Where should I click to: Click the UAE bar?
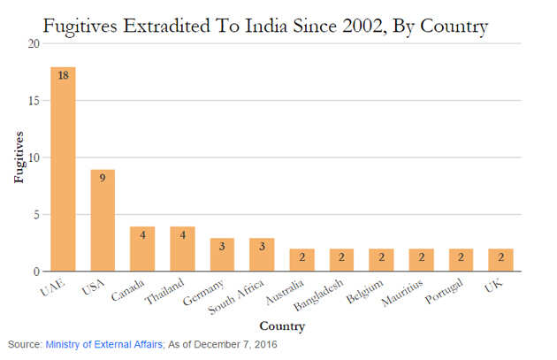(63, 169)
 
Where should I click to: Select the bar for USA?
(103, 220)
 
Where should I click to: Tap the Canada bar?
(142, 249)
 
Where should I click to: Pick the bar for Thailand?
(182, 249)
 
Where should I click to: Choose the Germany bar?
(222, 254)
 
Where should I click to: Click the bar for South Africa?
(262, 254)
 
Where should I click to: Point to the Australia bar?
(301, 260)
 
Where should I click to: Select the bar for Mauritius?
(421, 260)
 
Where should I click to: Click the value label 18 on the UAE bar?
(63, 76)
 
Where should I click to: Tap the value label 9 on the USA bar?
(103, 177)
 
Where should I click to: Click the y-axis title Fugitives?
(17, 157)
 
